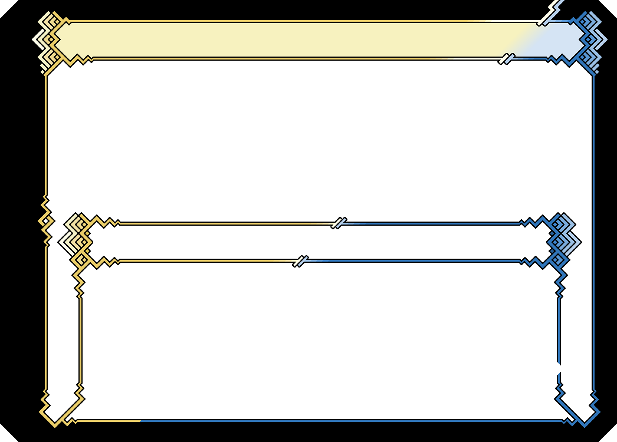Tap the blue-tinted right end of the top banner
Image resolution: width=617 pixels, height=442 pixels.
point(554,40)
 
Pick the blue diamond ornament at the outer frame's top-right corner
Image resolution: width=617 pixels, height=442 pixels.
point(590,40)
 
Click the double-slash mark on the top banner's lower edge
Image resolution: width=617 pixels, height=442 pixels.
point(506,58)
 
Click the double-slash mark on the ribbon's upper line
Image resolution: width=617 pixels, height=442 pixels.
point(339,223)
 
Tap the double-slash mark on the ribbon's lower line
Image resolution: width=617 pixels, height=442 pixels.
point(301,260)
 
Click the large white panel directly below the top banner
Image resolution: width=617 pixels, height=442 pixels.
point(319,136)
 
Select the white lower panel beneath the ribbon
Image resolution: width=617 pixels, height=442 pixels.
point(319,342)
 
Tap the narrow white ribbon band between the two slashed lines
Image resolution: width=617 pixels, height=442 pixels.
point(319,242)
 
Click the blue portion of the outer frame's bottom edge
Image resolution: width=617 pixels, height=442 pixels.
point(354,421)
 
